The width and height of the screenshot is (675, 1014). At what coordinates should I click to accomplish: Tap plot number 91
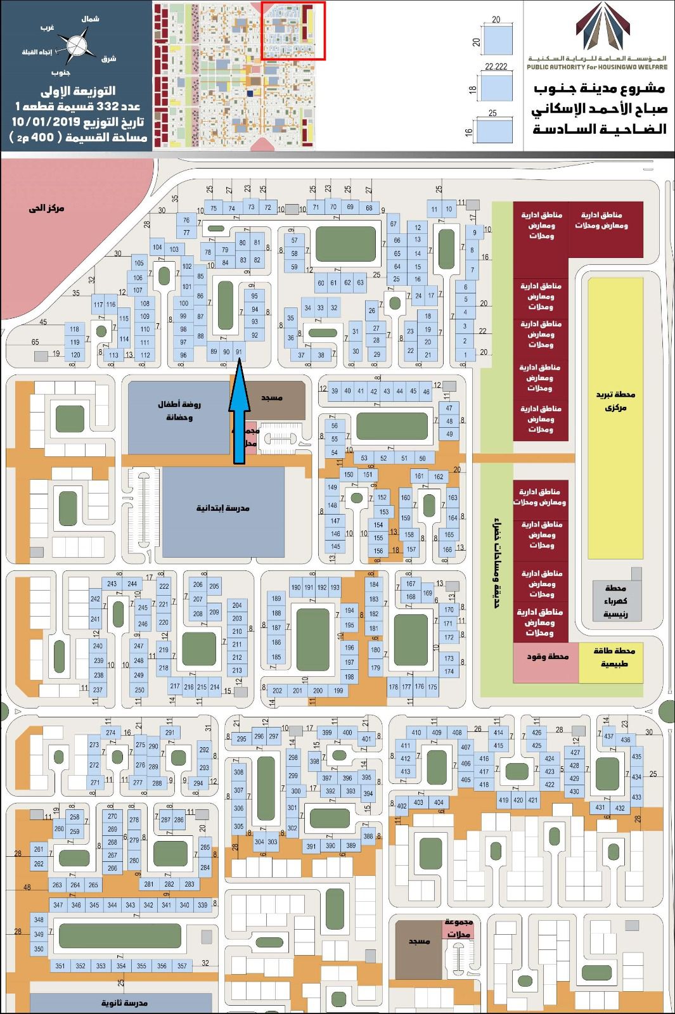click(239, 352)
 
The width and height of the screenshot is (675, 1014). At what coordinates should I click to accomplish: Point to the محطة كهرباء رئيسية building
click(615, 600)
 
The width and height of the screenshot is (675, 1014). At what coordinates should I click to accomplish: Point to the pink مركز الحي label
click(46, 208)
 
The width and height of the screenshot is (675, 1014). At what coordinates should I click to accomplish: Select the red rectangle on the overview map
click(293, 30)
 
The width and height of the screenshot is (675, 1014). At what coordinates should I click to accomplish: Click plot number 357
click(183, 966)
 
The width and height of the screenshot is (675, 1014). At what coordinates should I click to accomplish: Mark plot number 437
click(608, 736)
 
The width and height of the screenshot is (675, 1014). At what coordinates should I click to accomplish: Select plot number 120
click(75, 355)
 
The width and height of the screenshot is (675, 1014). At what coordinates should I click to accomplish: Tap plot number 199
click(338, 690)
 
